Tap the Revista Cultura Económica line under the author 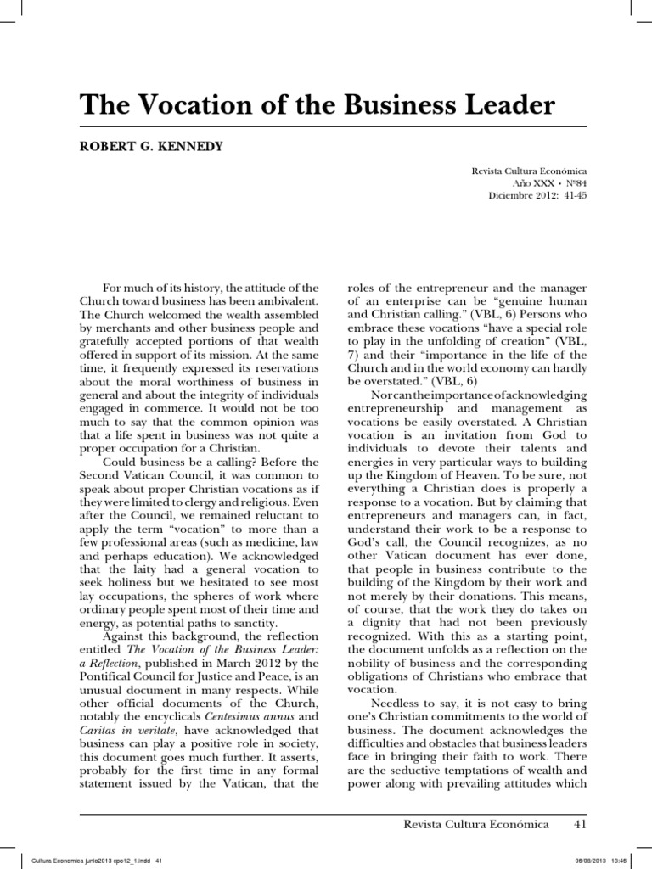[529, 171]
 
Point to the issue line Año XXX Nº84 [550, 183]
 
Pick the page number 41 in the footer [580, 824]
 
